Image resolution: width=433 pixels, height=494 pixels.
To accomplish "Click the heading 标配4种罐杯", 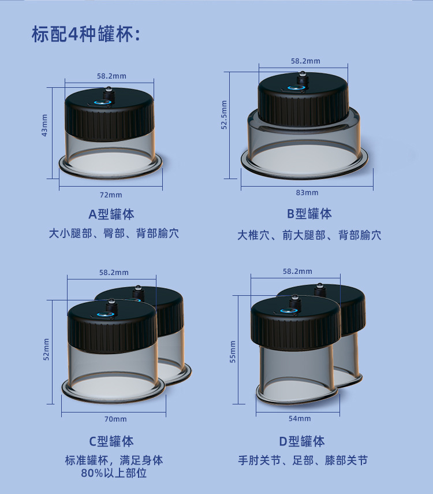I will point(86,35).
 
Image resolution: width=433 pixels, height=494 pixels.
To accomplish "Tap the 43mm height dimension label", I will point(44,125).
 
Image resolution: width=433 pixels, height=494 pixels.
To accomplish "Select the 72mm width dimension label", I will point(111,195).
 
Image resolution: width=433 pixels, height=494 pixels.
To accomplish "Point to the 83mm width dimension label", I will point(307,192).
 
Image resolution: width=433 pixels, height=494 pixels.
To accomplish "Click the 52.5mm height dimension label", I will point(225,115).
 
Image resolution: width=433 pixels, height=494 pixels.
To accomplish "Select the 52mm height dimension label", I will point(46,349).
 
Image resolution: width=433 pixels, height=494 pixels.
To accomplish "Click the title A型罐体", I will point(111,214).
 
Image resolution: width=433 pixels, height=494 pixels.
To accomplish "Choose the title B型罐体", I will point(309,214).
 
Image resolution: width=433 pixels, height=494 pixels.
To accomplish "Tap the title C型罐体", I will point(111,441).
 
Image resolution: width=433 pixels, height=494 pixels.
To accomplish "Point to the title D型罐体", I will point(302,441).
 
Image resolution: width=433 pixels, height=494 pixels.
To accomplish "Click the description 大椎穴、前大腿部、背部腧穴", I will point(309,235).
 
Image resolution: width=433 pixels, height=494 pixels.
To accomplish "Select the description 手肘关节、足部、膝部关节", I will point(303,460).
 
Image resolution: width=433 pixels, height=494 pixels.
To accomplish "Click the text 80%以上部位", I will point(114,473).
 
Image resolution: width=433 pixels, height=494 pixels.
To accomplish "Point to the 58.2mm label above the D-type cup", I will point(297,272).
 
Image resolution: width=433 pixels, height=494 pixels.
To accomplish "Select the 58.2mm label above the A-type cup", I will point(111,76).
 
